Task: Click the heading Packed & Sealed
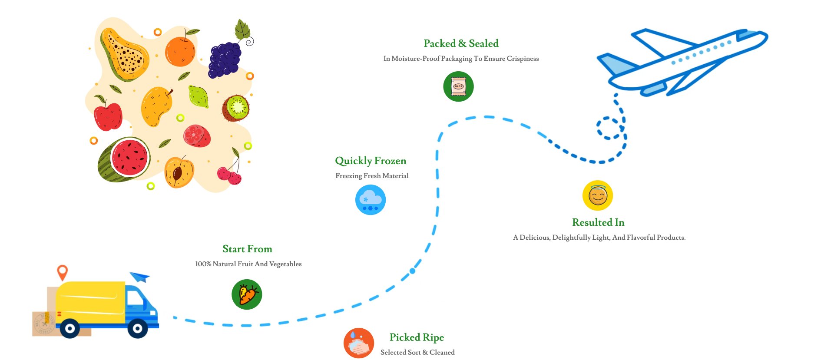(x=461, y=43)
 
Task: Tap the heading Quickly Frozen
(x=371, y=161)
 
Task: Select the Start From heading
(x=247, y=249)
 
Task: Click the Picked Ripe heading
(x=417, y=337)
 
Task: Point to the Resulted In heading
(x=598, y=222)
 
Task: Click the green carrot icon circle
(x=247, y=294)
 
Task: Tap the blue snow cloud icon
(x=371, y=200)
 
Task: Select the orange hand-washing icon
(x=359, y=343)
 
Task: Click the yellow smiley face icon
(x=598, y=195)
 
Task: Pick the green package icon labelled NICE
(x=458, y=86)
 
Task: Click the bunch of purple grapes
(x=224, y=59)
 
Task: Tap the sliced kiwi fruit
(x=236, y=108)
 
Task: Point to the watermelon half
(x=124, y=159)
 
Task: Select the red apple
(x=108, y=116)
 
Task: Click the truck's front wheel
(x=138, y=329)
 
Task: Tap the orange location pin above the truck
(x=63, y=272)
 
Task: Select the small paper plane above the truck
(x=140, y=277)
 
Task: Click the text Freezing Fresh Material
(x=372, y=176)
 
